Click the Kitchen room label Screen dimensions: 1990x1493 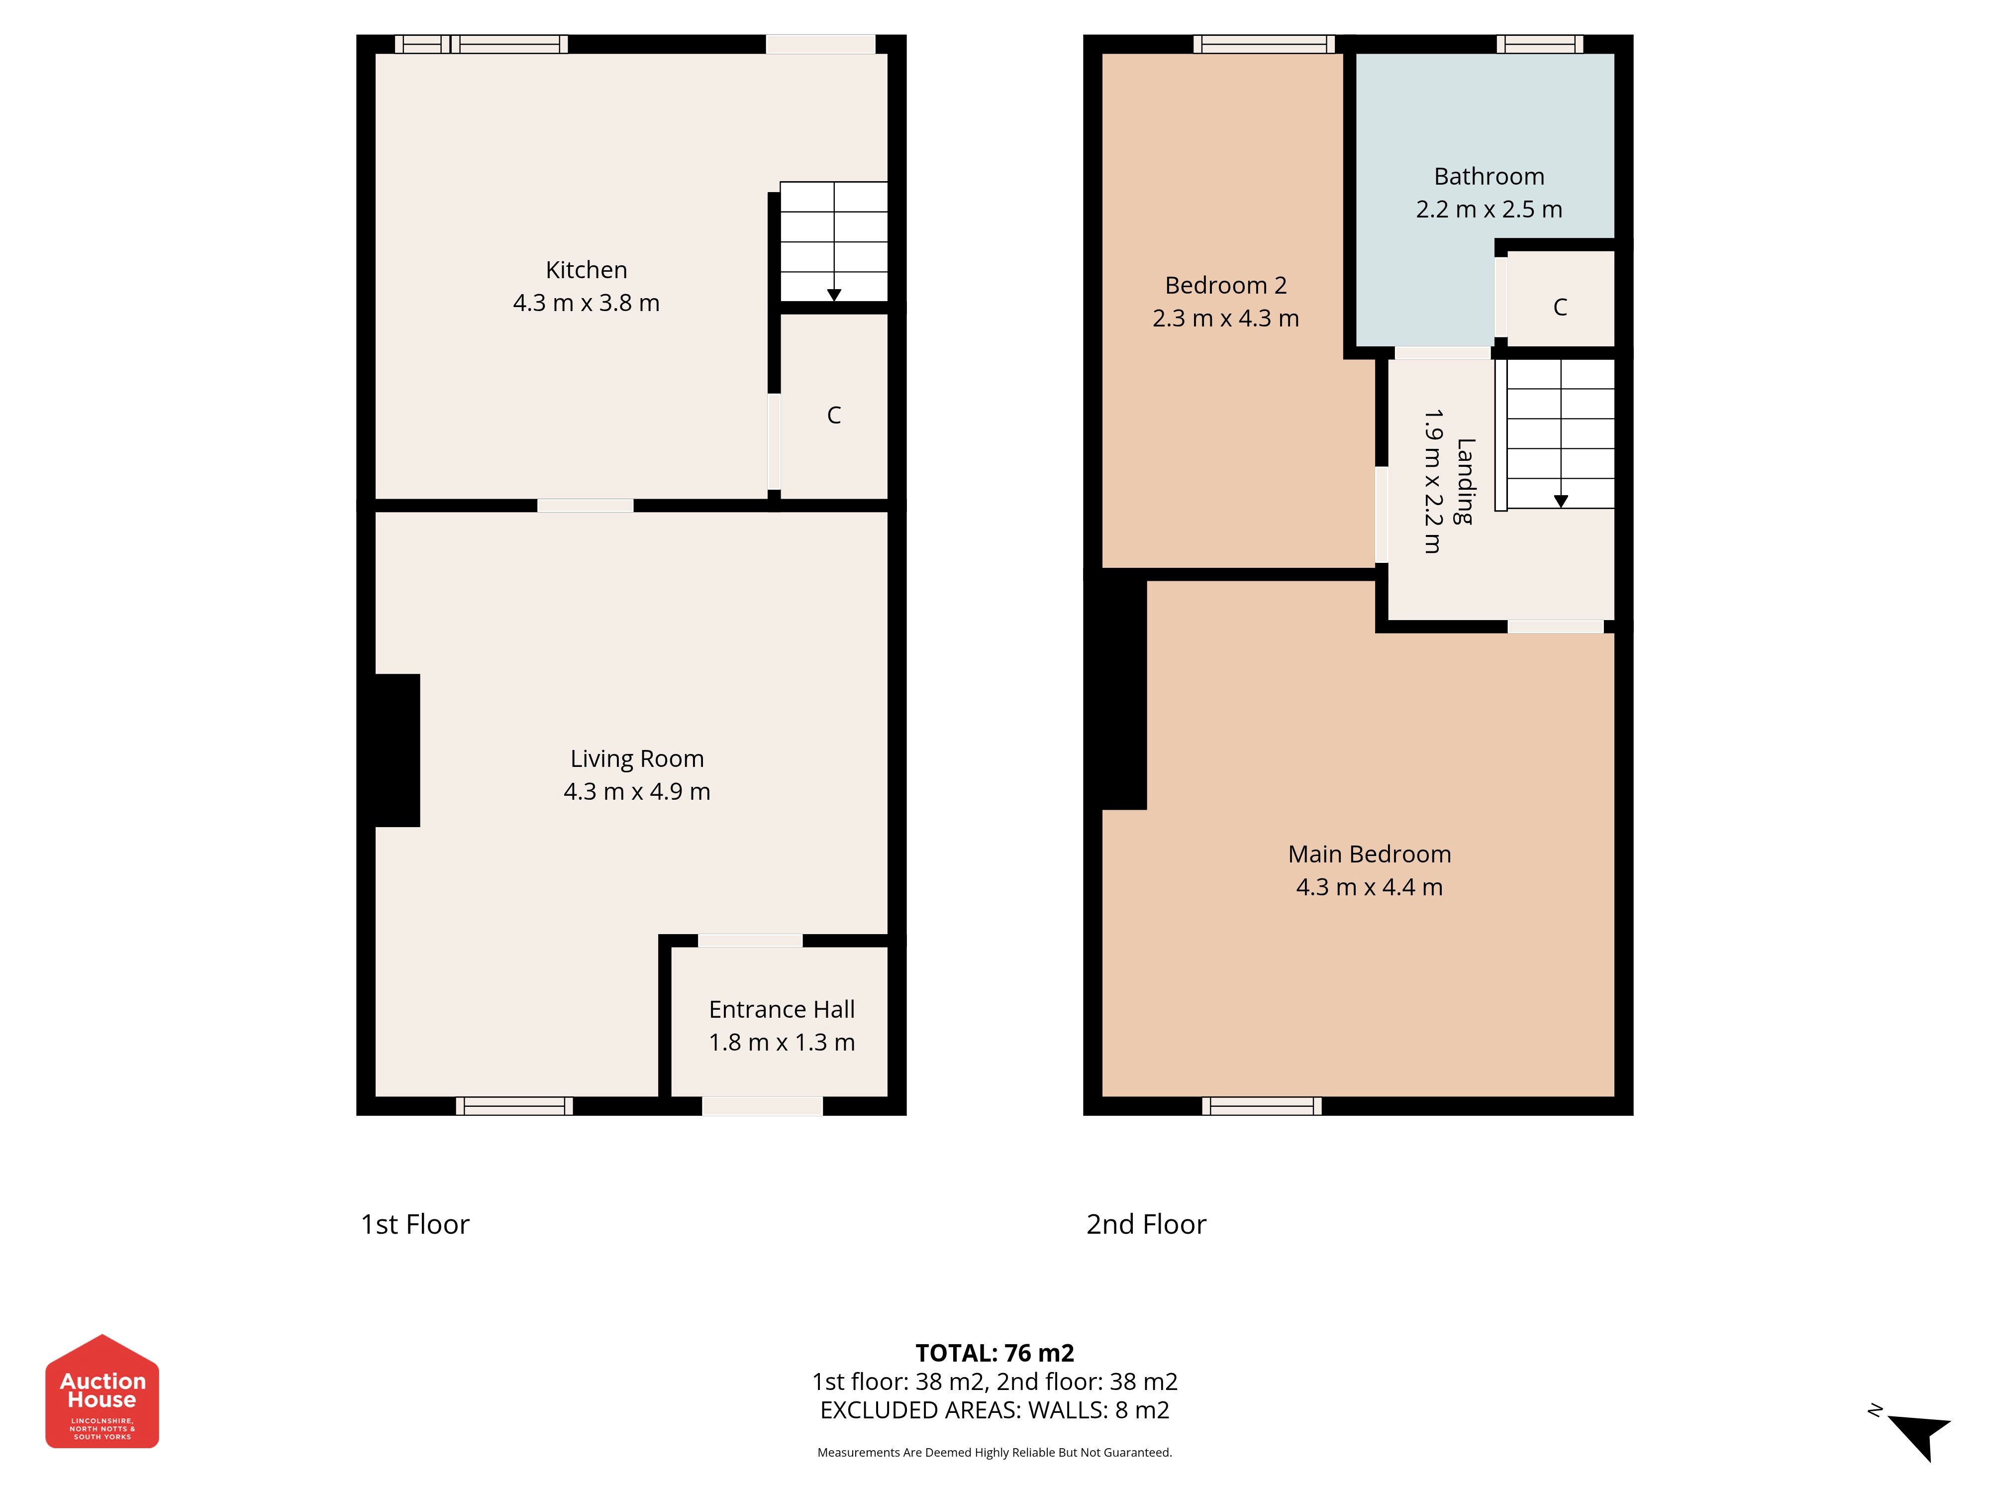587,270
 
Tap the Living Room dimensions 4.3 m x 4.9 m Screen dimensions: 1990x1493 637,792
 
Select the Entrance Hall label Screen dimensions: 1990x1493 782,1010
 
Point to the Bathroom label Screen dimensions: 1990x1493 1489,176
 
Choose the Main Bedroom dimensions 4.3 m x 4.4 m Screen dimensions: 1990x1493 1369,887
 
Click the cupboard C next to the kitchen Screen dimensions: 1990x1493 834,415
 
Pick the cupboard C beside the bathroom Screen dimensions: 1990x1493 1560,308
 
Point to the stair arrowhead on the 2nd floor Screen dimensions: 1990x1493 1561,501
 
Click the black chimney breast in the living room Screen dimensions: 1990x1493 397,750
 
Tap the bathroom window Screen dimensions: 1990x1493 1540,44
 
